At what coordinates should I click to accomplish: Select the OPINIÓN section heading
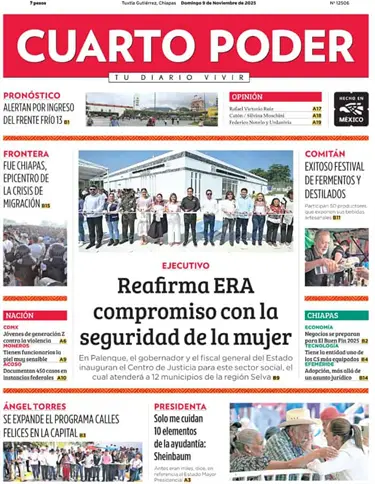tap(247, 97)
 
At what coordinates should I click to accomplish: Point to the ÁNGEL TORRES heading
tap(36, 407)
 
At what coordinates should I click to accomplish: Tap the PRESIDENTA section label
tap(181, 407)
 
